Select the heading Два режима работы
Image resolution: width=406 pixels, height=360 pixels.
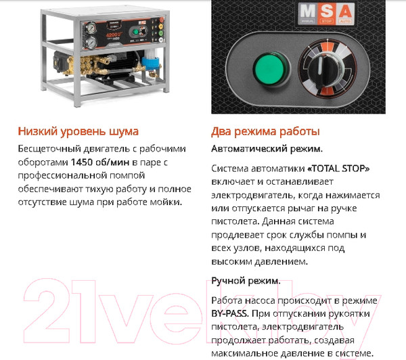265,131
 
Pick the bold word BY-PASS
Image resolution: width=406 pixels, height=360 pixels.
230,314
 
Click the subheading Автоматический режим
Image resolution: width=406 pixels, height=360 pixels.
267,148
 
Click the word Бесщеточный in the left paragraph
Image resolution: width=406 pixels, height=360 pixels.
46,148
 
